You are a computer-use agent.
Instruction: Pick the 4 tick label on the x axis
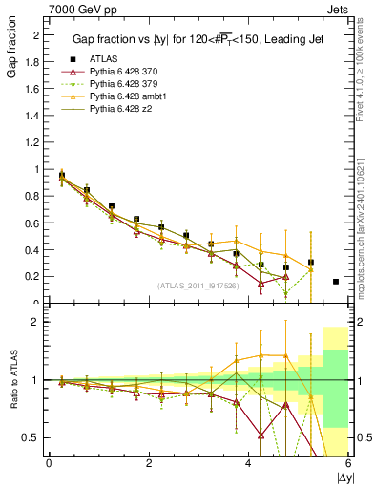(x=249, y=464)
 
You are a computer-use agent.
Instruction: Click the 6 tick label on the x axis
(x=349, y=464)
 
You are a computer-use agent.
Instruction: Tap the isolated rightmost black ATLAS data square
(x=336, y=282)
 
